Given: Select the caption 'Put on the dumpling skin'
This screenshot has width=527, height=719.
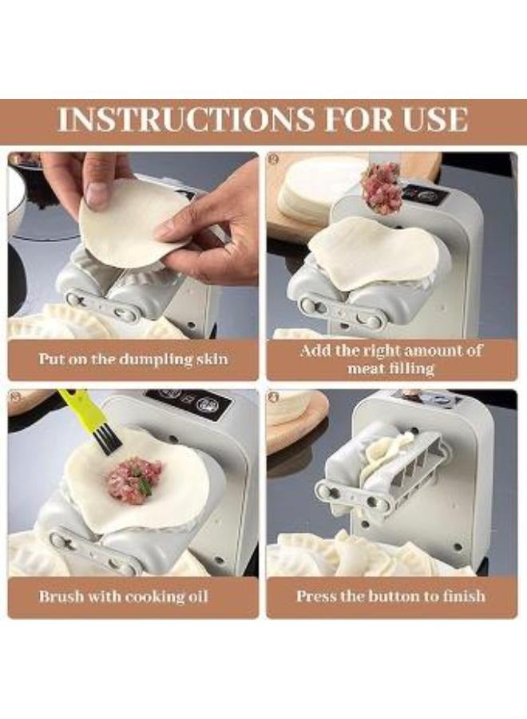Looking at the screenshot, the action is (133, 359).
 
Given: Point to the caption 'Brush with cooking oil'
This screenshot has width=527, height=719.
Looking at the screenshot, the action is (123, 596).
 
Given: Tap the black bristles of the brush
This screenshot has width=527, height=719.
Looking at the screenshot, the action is (109, 441).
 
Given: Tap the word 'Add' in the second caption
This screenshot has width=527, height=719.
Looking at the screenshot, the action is (315, 351).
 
